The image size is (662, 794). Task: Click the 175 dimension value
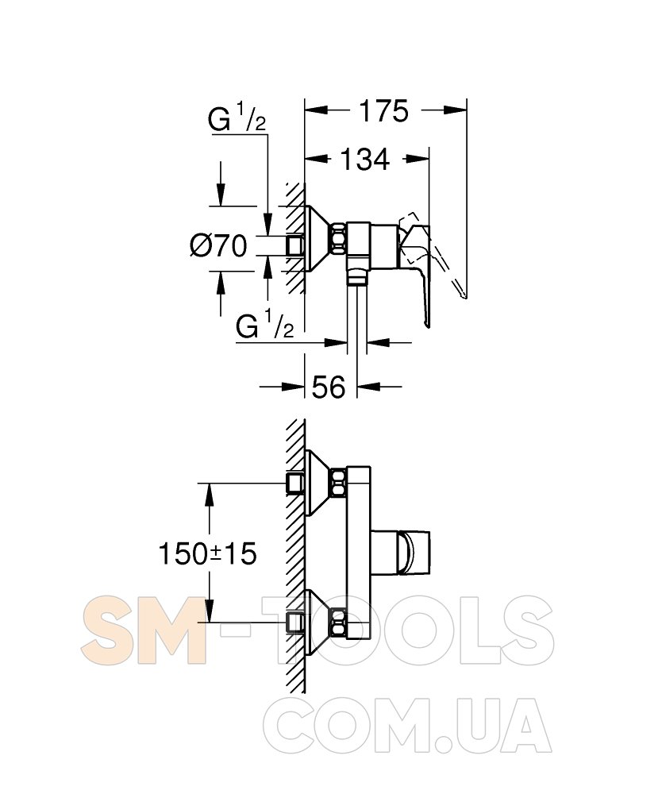[383, 111]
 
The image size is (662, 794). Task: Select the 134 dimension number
[365, 159]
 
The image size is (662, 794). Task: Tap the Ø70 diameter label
[218, 246]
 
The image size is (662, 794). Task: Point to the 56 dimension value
[329, 387]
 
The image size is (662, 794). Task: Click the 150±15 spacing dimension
[207, 553]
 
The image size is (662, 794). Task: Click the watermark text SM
[144, 630]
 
